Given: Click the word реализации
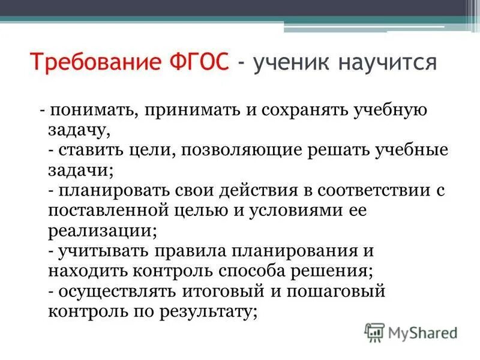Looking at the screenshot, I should pos(100,231).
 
